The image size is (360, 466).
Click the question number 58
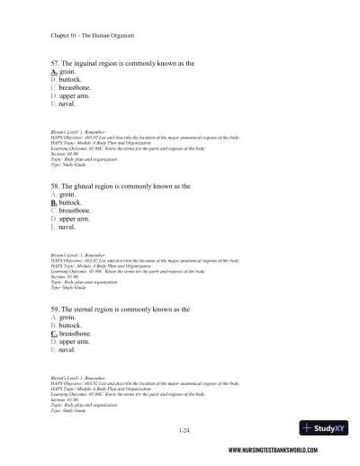tap(56, 185)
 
